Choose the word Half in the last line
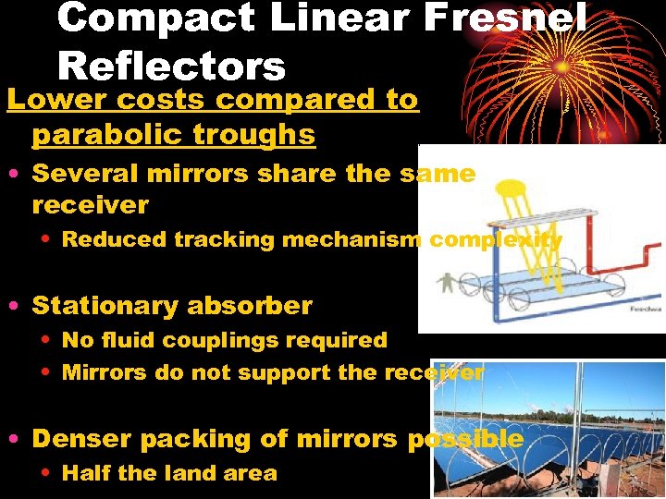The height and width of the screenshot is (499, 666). [83, 473]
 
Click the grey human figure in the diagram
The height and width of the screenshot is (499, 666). [450, 283]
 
